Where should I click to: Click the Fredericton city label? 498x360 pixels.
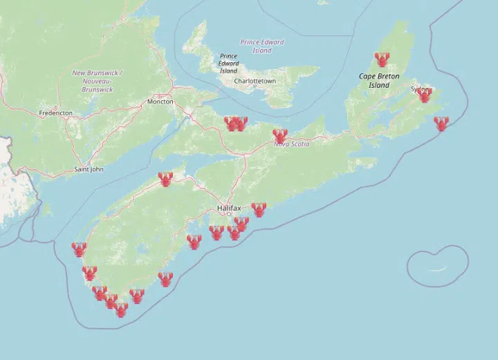click(x=57, y=112)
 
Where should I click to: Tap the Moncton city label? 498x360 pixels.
click(x=160, y=102)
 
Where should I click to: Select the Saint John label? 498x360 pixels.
click(x=89, y=169)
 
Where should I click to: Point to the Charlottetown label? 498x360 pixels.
click(x=255, y=81)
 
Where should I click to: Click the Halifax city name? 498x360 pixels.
click(x=228, y=207)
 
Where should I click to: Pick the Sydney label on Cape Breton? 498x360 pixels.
click(x=418, y=89)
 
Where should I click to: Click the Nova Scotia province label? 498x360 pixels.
click(x=290, y=144)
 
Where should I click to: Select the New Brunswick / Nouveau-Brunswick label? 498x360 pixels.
click(x=97, y=81)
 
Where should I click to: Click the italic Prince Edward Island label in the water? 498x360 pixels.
click(x=262, y=46)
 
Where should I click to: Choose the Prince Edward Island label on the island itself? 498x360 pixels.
click(x=228, y=63)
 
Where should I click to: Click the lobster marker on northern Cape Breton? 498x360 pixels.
click(x=382, y=60)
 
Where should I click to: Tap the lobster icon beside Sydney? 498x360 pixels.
click(x=425, y=95)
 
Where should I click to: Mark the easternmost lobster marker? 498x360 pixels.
click(x=441, y=124)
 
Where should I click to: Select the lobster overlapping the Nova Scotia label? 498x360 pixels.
click(x=280, y=136)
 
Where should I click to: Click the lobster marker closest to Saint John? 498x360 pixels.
click(x=165, y=180)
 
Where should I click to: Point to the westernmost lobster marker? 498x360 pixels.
click(x=80, y=249)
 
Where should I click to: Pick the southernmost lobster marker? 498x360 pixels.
click(x=121, y=310)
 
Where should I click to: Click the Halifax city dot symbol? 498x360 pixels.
click(x=229, y=214)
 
